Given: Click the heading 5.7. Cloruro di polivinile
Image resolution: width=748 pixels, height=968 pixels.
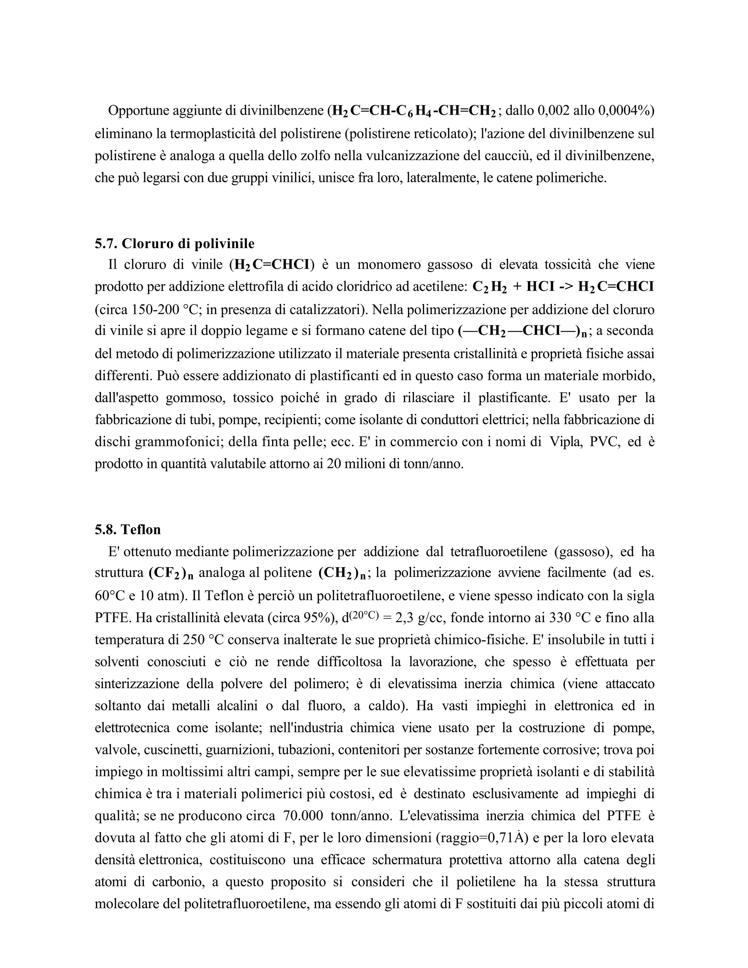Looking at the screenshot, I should (x=175, y=243).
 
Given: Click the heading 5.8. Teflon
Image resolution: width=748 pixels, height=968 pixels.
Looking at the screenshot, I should (x=127, y=530).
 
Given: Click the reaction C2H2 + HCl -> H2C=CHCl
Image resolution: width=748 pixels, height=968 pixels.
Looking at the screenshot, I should (x=563, y=287).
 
